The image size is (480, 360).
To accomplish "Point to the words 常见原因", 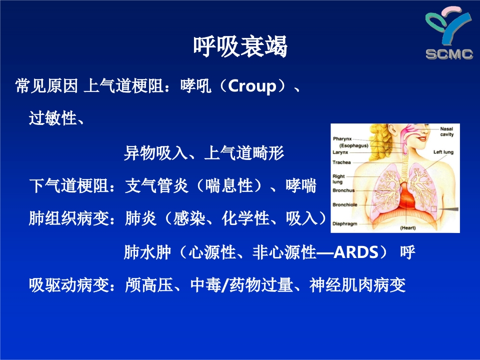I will point(46,86).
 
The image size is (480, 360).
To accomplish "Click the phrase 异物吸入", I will point(156,153).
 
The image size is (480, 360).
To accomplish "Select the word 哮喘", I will point(300,186).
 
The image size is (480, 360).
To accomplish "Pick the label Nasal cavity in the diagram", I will point(446,131).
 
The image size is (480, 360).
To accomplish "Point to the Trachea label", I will point(342,162).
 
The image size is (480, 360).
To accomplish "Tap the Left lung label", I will point(443,151).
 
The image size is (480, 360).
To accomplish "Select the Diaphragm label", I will point(345,224).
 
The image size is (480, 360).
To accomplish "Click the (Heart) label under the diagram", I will point(408,228).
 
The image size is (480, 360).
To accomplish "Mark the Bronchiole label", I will point(345,205).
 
